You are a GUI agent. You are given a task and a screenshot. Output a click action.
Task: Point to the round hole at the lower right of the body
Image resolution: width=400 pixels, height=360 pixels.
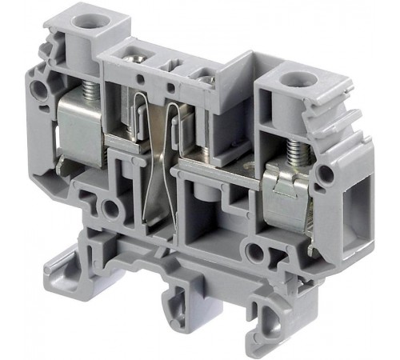pos(255,254)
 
